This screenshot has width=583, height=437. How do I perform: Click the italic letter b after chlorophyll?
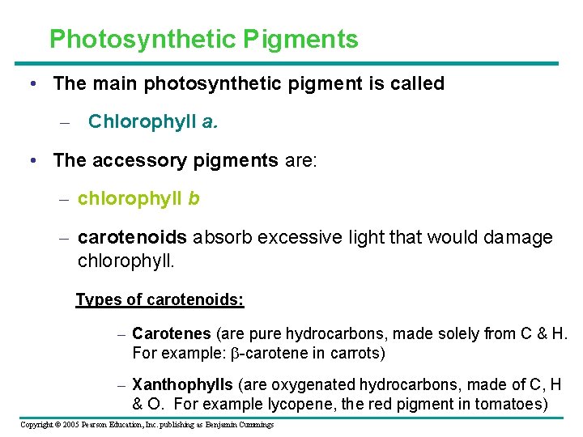[194, 198]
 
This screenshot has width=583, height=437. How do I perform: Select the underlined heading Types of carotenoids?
[160, 299]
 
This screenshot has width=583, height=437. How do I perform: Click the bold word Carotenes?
[171, 333]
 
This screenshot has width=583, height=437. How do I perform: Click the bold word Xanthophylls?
[182, 384]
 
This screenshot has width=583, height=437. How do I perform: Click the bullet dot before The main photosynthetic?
[32, 84]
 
